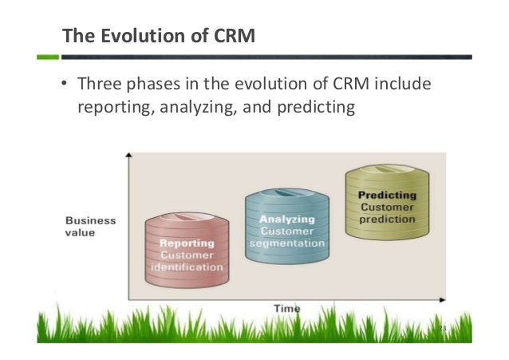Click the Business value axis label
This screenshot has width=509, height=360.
point(89,226)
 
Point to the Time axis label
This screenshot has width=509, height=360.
point(286,308)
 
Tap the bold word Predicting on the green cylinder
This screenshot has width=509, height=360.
point(387,195)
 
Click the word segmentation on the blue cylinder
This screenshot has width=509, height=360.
point(286,243)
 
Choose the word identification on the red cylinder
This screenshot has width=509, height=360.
point(187,267)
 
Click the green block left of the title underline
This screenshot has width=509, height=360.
point(48,57)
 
